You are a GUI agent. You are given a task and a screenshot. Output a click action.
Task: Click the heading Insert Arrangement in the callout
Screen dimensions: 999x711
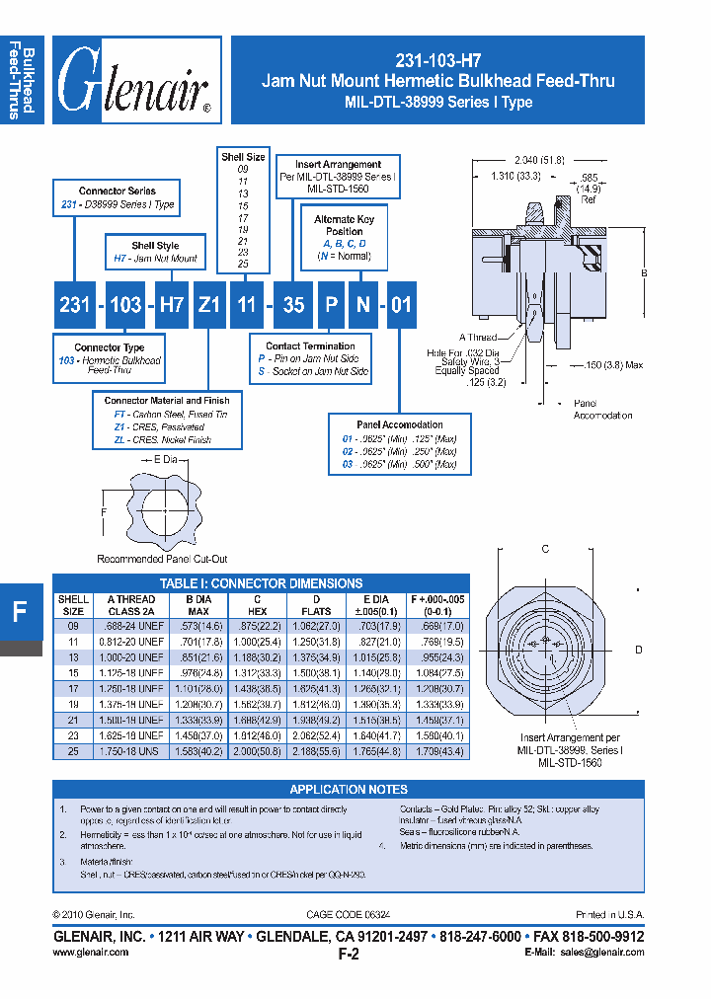pos(338,165)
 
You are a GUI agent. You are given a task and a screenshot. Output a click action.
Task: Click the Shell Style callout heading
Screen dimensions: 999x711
pos(155,246)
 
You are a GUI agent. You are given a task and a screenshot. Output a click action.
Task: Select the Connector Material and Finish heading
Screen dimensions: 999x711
pos(167,401)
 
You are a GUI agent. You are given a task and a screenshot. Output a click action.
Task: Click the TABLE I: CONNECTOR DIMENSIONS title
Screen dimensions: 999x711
pos(261,583)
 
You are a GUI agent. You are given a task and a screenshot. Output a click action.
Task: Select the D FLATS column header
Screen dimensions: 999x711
pos(317,605)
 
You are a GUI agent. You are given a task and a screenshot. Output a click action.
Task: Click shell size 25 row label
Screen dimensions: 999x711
pos(73,752)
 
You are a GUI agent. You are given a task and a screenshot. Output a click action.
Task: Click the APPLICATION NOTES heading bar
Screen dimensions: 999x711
pos(348,790)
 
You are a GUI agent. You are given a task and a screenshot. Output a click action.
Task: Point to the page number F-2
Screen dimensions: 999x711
pos(348,955)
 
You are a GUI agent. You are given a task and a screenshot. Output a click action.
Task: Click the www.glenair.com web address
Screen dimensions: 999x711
pos(90,953)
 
